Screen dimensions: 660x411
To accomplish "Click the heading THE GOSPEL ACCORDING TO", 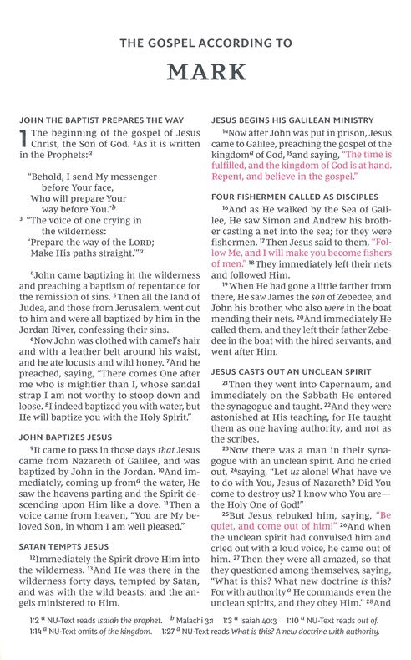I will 205,39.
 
